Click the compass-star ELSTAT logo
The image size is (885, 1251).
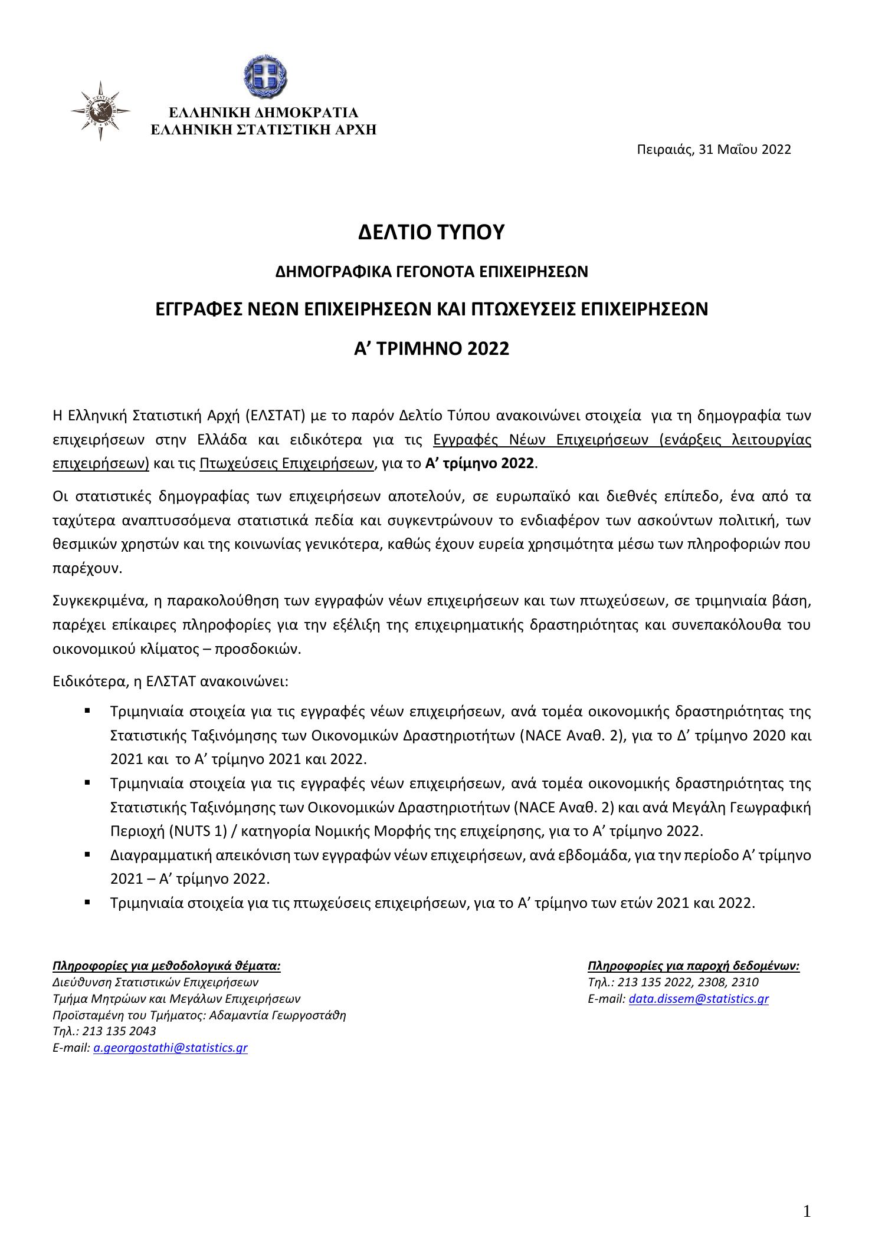point(100,110)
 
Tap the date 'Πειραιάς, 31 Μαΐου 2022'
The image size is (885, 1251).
point(713,150)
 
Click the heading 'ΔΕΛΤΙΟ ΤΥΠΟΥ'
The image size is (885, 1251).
point(432,232)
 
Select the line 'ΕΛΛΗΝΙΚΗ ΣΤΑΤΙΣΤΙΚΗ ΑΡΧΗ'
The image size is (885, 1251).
point(264,130)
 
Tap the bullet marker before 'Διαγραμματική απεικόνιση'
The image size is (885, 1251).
point(87,853)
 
